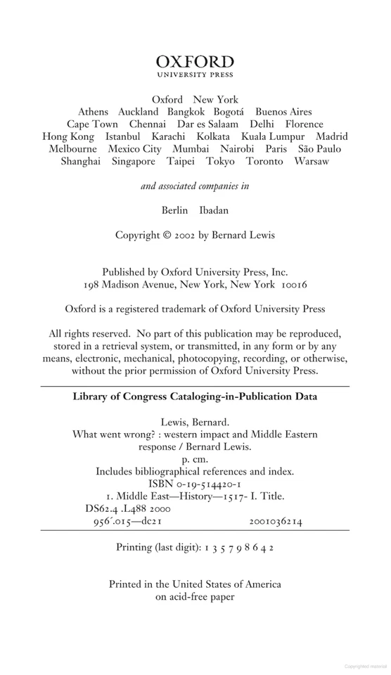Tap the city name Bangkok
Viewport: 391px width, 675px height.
tap(188, 112)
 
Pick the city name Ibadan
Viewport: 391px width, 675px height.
tap(214, 210)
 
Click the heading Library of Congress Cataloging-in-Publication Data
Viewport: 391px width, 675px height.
tap(195, 397)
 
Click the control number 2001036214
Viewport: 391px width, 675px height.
tap(276, 501)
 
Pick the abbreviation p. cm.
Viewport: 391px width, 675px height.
tap(195, 452)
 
